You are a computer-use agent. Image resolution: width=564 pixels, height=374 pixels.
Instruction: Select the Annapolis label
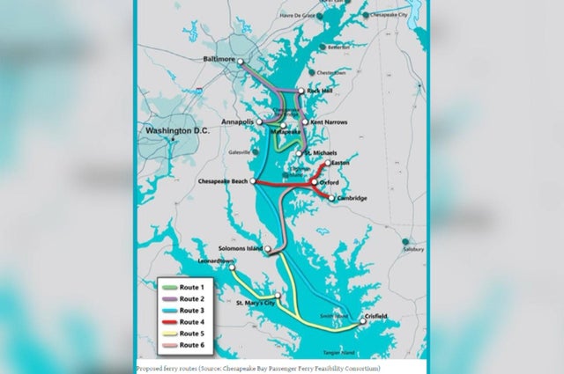click(237, 121)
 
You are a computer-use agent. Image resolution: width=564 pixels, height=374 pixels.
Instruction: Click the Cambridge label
click(352, 198)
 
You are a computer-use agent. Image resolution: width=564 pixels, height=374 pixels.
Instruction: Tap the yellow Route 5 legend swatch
click(168, 334)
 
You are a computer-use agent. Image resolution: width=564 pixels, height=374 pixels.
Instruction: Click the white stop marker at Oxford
click(313, 183)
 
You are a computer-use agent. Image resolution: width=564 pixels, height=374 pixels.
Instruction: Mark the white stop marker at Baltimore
click(241, 62)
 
